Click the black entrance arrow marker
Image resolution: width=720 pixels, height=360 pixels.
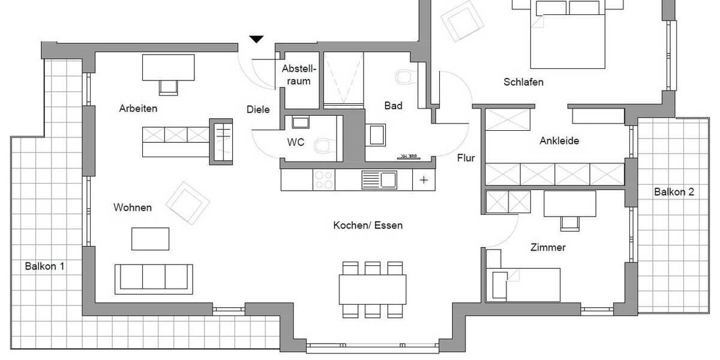257,40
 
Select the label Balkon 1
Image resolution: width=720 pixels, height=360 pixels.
44,266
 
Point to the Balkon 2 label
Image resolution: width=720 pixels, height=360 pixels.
674,192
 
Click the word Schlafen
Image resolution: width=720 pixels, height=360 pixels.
523,82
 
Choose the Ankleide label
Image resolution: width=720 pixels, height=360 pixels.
559,141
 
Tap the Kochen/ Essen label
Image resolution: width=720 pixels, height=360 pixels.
368,226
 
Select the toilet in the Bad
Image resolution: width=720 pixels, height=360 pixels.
404,76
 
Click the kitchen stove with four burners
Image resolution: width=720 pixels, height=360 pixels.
323,179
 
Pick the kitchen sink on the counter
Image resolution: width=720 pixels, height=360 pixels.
379,179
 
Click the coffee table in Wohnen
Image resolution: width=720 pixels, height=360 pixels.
151,238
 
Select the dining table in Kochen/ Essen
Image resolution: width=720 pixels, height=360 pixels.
372,289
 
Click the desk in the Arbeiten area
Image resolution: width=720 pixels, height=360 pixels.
168,67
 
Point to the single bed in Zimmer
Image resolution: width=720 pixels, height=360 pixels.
523,284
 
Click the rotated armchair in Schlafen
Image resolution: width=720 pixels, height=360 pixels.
462,20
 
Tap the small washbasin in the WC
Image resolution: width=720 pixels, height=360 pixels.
299,123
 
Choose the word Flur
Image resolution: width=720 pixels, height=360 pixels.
466,159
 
